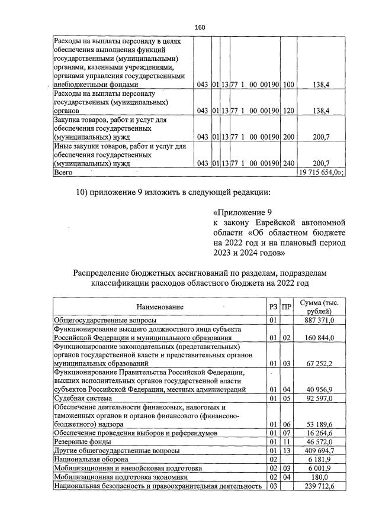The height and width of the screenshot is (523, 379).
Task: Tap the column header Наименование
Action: point(160,307)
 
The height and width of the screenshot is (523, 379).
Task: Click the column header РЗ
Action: point(273,307)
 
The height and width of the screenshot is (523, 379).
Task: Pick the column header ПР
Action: point(287,307)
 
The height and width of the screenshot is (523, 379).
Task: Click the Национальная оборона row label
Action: point(91,459)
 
